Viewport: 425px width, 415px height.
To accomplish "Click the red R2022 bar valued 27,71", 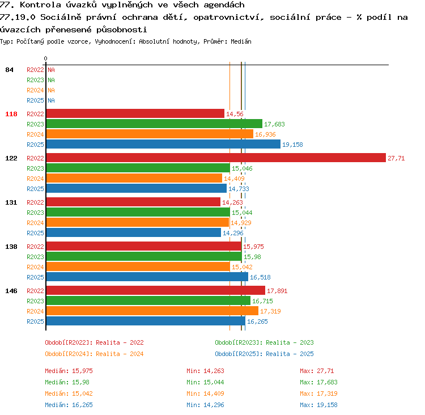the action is (216, 158).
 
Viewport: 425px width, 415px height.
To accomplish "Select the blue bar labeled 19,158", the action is (163, 144).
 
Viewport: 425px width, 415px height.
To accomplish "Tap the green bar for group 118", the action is (154, 124).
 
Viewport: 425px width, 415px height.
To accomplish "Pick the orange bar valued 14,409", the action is (134, 178).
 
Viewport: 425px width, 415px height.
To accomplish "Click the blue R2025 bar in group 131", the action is (134, 232).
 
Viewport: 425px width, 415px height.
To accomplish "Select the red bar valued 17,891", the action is (156, 290).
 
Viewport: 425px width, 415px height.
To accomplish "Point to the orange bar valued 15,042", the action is (138, 266).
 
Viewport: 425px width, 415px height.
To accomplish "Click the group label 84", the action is (9, 70).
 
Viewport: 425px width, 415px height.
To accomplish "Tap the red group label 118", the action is (11, 114).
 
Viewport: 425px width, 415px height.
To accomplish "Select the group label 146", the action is (11, 291).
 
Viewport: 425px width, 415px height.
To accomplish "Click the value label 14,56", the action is (235, 114).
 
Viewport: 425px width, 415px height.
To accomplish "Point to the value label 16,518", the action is (260, 277).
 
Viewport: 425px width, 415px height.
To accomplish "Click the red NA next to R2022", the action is (51, 70).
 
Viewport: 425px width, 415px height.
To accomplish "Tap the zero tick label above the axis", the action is (45, 58).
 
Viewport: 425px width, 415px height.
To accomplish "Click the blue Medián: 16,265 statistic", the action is (69, 405).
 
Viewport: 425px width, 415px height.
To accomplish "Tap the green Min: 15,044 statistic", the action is (205, 382).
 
